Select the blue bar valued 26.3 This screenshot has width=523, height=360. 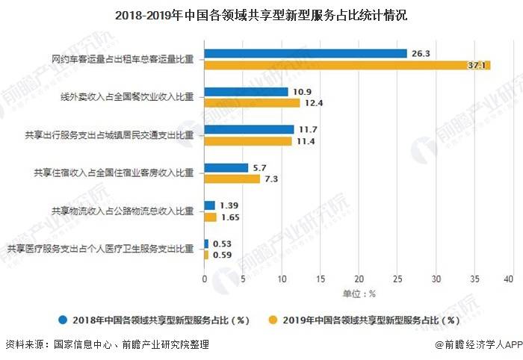[306, 54]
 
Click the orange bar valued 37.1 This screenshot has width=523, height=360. [347, 65]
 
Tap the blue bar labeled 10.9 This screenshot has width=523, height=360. [247, 92]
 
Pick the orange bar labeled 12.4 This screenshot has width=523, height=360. [253, 103]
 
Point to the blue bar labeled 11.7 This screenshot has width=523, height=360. [250, 129]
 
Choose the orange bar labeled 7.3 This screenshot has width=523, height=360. [232, 179]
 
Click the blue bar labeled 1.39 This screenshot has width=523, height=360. [210, 205]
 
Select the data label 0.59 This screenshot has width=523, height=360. [223, 255]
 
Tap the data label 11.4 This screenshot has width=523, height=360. [306, 141]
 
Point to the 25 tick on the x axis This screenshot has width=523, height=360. [396, 279]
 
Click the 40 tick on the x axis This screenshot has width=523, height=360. [510, 279]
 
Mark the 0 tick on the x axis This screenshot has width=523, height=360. [205, 279]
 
